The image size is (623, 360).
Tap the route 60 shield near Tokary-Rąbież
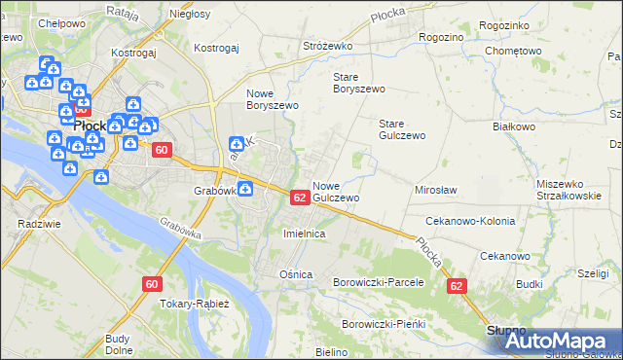click(x=151, y=284)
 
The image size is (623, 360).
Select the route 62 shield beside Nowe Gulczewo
click(x=300, y=198)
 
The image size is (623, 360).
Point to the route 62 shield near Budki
click(x=457, y=286)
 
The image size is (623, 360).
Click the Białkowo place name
click(x=515, y=126)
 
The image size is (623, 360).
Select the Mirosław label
click(x=436, y=191)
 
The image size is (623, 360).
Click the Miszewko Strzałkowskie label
click(x=568, y=190)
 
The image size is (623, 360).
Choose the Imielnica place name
click(x=303, y=234)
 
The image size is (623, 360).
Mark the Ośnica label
click(x=296, y=274)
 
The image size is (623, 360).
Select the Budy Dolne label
click(x=119, y=344)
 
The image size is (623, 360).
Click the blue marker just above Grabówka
click(x=235, y=145)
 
